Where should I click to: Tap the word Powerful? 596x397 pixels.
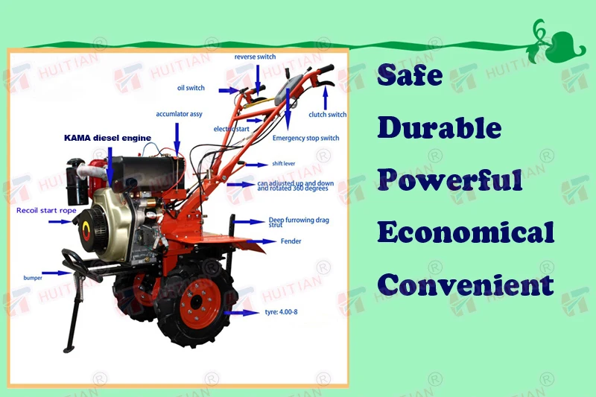tap(449, 180)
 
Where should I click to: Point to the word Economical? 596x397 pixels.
tap(466, 232)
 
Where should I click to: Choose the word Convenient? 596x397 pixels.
tap(466, 284)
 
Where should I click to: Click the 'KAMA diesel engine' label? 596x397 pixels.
tap(107, 138)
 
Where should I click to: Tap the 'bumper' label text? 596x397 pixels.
tap(32, 278)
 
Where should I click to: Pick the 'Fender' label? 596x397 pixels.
tap(291, 241)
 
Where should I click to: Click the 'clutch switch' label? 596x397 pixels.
tap(327, 115)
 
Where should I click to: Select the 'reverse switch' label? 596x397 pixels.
tap(256, 57)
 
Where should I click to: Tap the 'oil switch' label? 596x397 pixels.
tap(191, 88)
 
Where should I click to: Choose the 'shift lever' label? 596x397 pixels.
tap(283, 164)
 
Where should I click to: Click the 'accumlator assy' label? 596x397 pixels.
tap(179, 114)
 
